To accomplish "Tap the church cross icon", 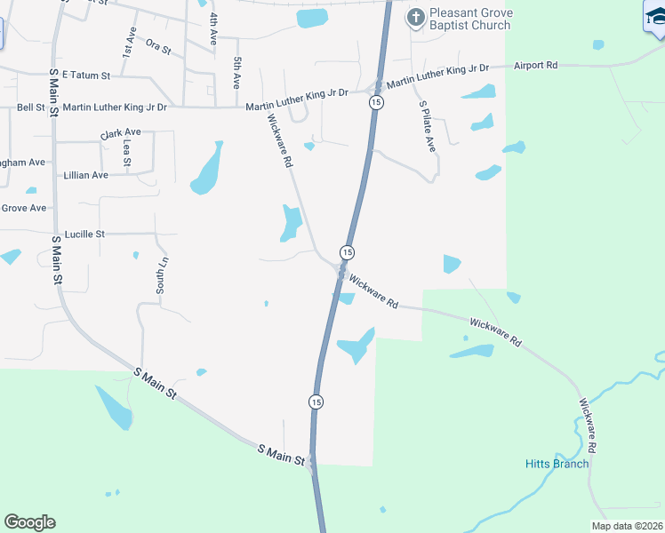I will (415, 17).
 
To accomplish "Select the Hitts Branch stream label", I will (557, 464).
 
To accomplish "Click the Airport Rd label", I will (536, 66).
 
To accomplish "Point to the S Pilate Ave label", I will (428, 125).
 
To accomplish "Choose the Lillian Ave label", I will (86, 175).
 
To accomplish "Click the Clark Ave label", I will (121, 134).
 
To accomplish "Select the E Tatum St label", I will (86, 76).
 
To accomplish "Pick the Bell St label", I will (31, 107).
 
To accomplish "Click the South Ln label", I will (162, 275).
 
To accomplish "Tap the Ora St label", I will (157, 46).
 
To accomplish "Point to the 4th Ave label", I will (213, 29).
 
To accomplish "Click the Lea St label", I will (128, 153).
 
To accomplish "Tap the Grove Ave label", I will (24, 208).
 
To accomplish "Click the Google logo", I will (29, 521).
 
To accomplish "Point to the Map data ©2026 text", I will (627, 526).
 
